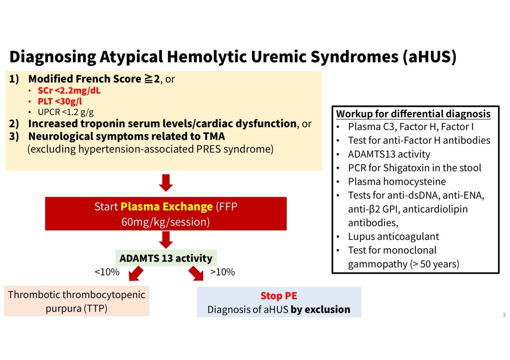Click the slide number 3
coord(504,315)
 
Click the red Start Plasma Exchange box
coord(166,214)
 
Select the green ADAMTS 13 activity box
coord(166,258)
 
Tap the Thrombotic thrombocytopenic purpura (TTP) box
coord(77,301)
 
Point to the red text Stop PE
coord(279,296)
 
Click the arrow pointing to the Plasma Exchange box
coord(166,183)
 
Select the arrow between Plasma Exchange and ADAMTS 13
coord(166,239)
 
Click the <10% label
coord(107,272)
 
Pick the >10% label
coord(223,272)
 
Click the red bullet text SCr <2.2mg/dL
coord(72,91)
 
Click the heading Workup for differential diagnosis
coord(413,114)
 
